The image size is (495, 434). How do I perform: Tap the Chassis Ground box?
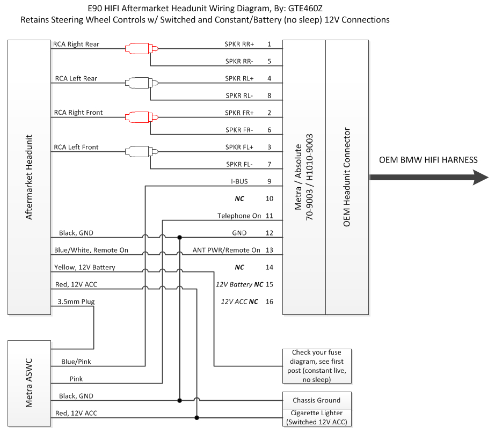[x=316, y=400]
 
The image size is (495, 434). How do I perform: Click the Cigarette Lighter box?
[x=316, y=417]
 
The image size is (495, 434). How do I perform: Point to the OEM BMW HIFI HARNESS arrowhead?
[x=479, y=177]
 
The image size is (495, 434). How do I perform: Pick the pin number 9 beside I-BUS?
[x=269, y=181]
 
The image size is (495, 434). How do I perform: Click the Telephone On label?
[x=239, y=216]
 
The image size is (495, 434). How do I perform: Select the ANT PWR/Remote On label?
[x=226, y=250]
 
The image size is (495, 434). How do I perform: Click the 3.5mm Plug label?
[x=76, y=301]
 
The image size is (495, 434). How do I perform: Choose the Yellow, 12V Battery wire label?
[x=84, y=267]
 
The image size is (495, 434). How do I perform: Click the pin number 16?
[x=269, y=301]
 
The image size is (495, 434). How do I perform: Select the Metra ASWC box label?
[x=30, y=384]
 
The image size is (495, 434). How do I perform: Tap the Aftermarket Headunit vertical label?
[x=30, y=177]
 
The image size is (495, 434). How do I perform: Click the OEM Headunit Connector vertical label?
[x=347, y=177]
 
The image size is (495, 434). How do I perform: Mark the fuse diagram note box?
[x=316, y=366]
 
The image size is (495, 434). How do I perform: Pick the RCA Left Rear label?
[x=76, y=78]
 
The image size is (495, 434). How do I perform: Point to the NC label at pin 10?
[x=239, y=198]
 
